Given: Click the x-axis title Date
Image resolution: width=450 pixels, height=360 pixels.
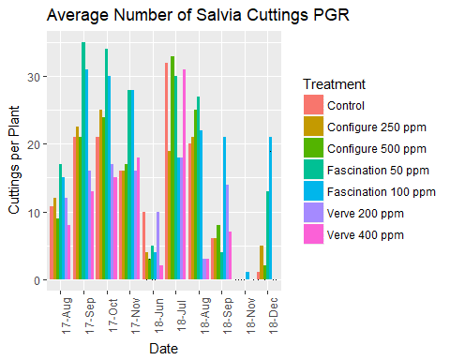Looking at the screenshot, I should (x=164, y=347).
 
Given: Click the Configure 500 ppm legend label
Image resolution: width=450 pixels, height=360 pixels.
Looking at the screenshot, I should (x=374, y=149).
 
